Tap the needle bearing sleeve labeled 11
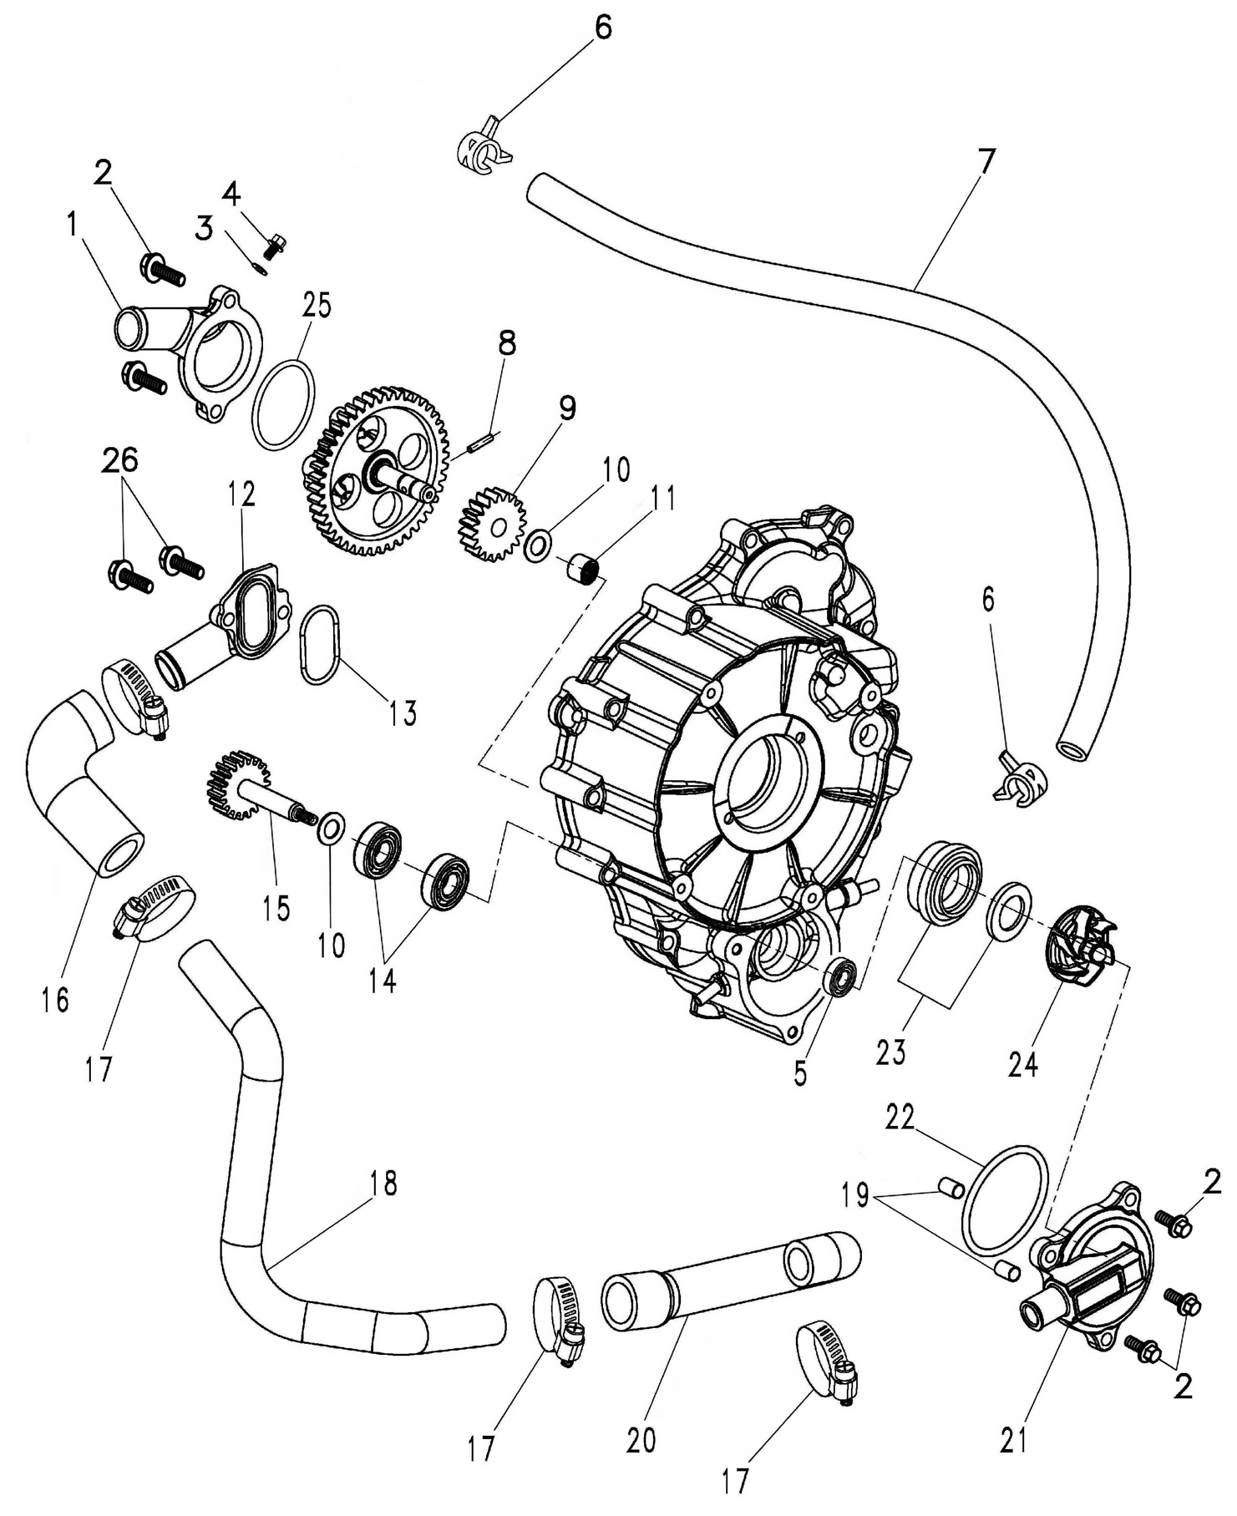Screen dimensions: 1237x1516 tap(581, 574)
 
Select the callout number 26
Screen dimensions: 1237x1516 tap(121, 460)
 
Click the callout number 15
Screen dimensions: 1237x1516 tap(276, 908)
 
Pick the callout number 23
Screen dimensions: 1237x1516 tap(891, 1052)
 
